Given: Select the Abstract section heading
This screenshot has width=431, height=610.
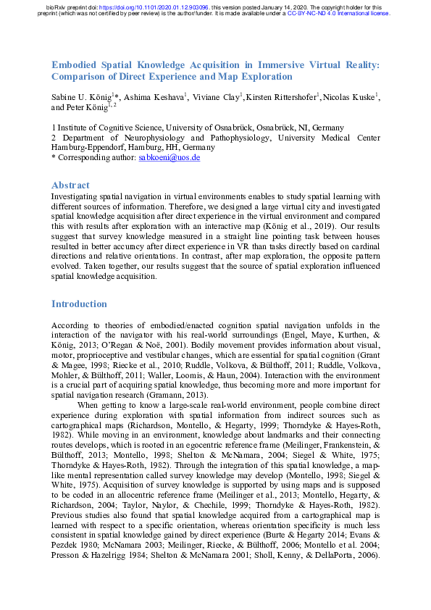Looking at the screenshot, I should pyautogui.click(x=70, y=185).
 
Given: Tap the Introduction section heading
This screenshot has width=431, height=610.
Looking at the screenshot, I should pyautogui.click(x=79, y=304).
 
